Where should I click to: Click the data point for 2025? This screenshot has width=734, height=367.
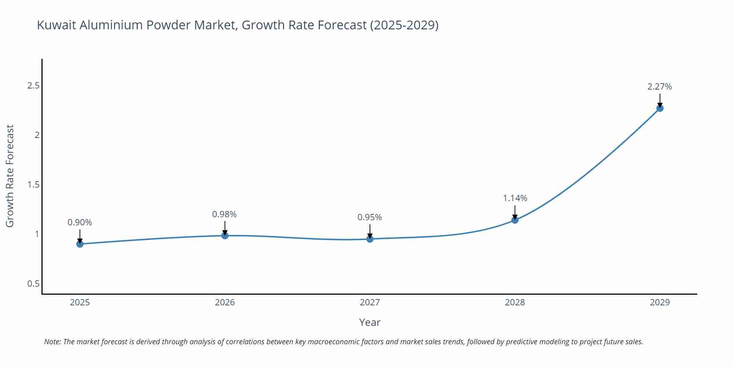point(80,244)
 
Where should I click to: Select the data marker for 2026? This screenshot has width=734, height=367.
point(225,235)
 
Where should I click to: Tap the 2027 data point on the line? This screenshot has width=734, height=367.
point(370,239)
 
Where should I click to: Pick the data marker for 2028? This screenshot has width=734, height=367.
point(515,220)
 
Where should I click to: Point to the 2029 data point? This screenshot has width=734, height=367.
point(660,108)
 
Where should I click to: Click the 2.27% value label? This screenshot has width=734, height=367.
point(659,87)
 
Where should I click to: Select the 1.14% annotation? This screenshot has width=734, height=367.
point(515,198)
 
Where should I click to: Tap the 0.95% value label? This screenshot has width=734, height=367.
point(370,217)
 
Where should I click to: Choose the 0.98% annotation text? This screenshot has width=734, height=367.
point(224,214)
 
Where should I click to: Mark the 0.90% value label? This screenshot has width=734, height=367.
point(80,222)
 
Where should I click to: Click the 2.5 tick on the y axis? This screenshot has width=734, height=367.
point(33,86)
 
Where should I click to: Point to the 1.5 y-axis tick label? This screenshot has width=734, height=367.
point(33,185)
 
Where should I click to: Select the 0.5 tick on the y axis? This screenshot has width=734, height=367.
point(33,284)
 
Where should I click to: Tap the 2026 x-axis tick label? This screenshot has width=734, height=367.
point(225,302)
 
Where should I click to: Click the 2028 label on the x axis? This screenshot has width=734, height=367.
point(515,302)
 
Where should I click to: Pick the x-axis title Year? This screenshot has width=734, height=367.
point(370,322)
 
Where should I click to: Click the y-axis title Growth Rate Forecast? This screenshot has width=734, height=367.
point(10,176)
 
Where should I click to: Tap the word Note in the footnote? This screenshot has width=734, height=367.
point(52,342)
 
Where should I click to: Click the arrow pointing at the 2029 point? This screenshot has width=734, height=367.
point(660,100)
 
